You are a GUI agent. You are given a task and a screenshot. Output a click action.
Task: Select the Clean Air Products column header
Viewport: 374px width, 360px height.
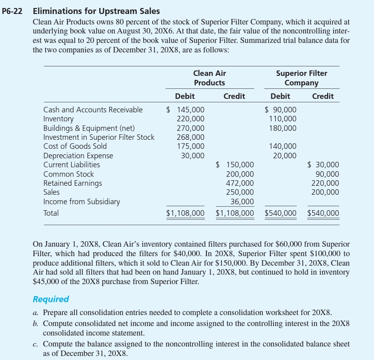click(209, 78)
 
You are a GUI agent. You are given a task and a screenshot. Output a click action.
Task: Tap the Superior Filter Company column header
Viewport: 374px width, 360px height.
click(301, 78)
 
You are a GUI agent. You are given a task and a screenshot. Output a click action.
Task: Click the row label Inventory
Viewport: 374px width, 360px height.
click(58, 119)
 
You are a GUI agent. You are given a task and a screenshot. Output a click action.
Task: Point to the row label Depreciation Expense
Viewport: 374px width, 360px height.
click(78, 156)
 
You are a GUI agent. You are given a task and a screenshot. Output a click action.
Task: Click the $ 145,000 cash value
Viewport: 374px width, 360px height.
click(185, 110)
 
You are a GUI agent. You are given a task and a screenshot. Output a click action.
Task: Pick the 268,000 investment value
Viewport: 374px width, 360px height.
click(190, 137)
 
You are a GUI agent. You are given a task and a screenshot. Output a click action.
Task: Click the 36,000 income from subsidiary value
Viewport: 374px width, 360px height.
click(242, 202)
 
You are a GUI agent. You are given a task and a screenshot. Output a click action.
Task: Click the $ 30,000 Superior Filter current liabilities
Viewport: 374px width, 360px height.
click(323, 165)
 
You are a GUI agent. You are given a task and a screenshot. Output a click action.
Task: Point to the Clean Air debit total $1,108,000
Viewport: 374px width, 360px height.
click(185, 214)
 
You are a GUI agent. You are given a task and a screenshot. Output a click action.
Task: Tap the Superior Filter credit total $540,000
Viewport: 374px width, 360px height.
click(323, 214)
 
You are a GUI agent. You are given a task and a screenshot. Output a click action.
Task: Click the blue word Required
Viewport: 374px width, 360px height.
click(50, 300)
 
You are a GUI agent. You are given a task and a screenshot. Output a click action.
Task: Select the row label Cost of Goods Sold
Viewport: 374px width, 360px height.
click(75, 146)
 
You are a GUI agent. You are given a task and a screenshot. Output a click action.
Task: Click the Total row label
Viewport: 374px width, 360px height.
click(51, 213)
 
